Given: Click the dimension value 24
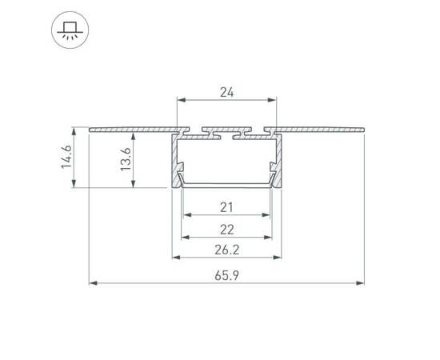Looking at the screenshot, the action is [226, 92].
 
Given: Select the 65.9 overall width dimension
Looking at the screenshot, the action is [226, 275].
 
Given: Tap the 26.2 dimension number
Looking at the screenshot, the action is [226, 250].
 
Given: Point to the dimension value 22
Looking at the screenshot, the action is [226, 230].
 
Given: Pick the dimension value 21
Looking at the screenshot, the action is [226, 207].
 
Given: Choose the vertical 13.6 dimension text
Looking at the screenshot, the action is [126, 159].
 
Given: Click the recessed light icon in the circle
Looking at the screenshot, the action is [70, 30].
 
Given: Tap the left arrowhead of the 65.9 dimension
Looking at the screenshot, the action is [93, 283].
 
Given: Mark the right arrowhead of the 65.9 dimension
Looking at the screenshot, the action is [360, 283].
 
